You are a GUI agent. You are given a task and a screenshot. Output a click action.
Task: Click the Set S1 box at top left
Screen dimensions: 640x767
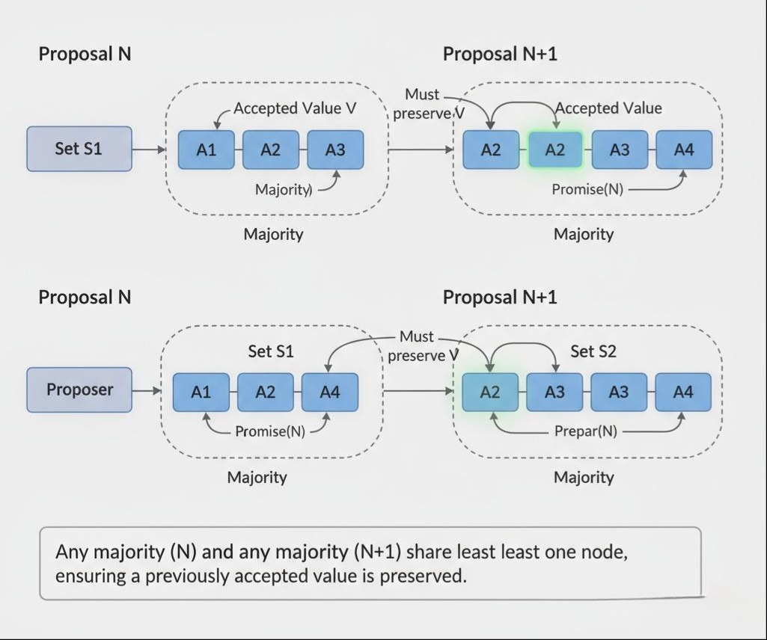(79, 149)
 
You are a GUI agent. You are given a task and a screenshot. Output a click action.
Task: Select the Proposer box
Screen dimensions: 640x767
(79, 390)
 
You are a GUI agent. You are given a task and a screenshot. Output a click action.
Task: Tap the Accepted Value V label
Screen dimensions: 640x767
(295, 108)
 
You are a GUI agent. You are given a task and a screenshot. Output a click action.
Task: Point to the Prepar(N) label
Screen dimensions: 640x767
(585, 431)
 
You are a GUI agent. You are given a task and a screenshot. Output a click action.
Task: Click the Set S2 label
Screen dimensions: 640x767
(593, 351)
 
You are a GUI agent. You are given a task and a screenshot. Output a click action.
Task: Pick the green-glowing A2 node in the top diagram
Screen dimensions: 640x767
(554, 150)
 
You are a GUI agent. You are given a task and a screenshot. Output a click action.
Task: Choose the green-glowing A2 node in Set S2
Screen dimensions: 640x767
(489, 392)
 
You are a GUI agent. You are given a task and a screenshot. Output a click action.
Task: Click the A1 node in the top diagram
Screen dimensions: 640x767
(206, 150)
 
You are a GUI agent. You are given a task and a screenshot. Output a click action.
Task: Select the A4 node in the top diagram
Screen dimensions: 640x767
(684, 150)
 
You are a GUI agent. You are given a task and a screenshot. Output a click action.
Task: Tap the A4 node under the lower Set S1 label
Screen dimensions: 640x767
(329, 392)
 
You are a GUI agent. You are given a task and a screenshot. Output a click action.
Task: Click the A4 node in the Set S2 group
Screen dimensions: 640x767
(683, 392)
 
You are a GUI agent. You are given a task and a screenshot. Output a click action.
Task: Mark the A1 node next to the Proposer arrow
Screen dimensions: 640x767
(201, 392)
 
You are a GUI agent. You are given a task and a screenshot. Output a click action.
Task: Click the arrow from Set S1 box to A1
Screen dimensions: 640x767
(149, 150)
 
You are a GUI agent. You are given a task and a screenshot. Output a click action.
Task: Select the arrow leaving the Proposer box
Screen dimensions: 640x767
(147, 390)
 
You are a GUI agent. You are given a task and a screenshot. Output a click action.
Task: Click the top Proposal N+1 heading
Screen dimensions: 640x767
(500, 54)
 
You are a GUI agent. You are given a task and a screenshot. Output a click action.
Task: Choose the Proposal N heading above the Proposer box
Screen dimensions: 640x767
(85, 298)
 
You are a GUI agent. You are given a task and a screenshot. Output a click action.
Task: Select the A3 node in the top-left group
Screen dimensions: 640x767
(335, 150)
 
